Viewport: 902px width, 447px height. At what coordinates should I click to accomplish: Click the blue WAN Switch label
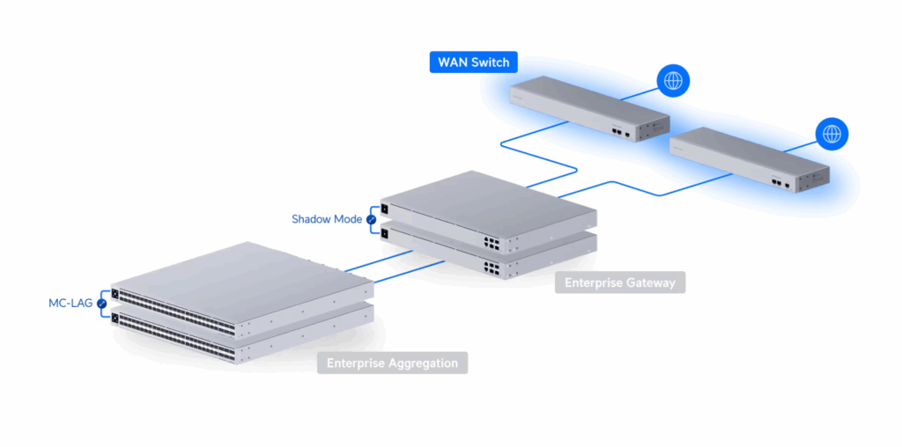click(x=473, y=62)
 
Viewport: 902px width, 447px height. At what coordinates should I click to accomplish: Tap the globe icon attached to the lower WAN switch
click(x=832, y=134)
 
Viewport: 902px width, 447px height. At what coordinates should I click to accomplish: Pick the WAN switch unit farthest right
click(x=749, y=159)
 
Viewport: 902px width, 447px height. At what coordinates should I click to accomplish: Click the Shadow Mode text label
click(x=327, y=218)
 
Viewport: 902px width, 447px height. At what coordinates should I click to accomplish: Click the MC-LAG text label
click(x=71, y=304)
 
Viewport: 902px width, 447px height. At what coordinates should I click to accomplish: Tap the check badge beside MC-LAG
click(x=102, y=304)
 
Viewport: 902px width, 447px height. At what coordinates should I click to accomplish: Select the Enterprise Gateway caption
click(x=619, y=282)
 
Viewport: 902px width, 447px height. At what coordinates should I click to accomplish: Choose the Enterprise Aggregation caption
click(x=392, y=363)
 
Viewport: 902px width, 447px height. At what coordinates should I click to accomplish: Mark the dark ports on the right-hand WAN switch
click(x=780, y=185)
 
